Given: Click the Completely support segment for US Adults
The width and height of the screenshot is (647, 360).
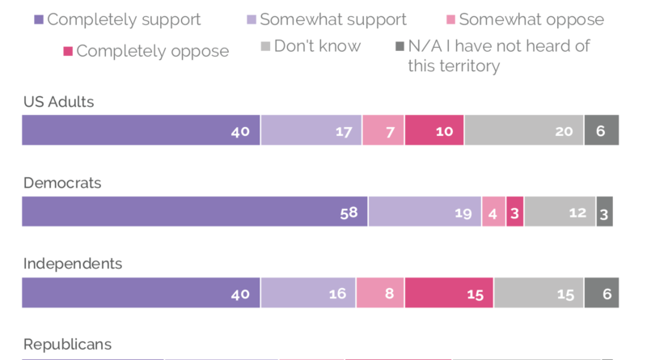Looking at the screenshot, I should point(141,130).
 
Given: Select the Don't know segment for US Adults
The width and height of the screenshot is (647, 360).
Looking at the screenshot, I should point(523,130).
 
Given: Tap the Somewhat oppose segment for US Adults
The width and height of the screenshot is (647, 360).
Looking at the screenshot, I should point(383,130).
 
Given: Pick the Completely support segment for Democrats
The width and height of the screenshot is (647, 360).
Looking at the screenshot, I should point(194,211).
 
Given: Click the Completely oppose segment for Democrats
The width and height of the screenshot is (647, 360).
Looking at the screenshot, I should point(514,211).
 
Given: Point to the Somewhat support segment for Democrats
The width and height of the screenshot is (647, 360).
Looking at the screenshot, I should point(425,211).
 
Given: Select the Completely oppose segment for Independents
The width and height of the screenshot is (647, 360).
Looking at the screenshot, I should point(449,293).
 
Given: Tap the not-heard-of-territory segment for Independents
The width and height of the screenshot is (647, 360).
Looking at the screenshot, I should point(601,293).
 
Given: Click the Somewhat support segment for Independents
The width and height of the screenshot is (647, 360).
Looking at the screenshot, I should point(308,293).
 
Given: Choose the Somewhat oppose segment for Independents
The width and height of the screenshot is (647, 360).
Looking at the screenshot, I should point(380,293).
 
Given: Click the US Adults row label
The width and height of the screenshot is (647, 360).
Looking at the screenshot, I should point(58,102).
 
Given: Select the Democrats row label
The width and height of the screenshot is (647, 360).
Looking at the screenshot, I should point(62,183).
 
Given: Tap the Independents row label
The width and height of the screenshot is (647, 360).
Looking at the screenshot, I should point(73,264).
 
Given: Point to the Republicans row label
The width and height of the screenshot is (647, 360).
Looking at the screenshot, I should point(67,345).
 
